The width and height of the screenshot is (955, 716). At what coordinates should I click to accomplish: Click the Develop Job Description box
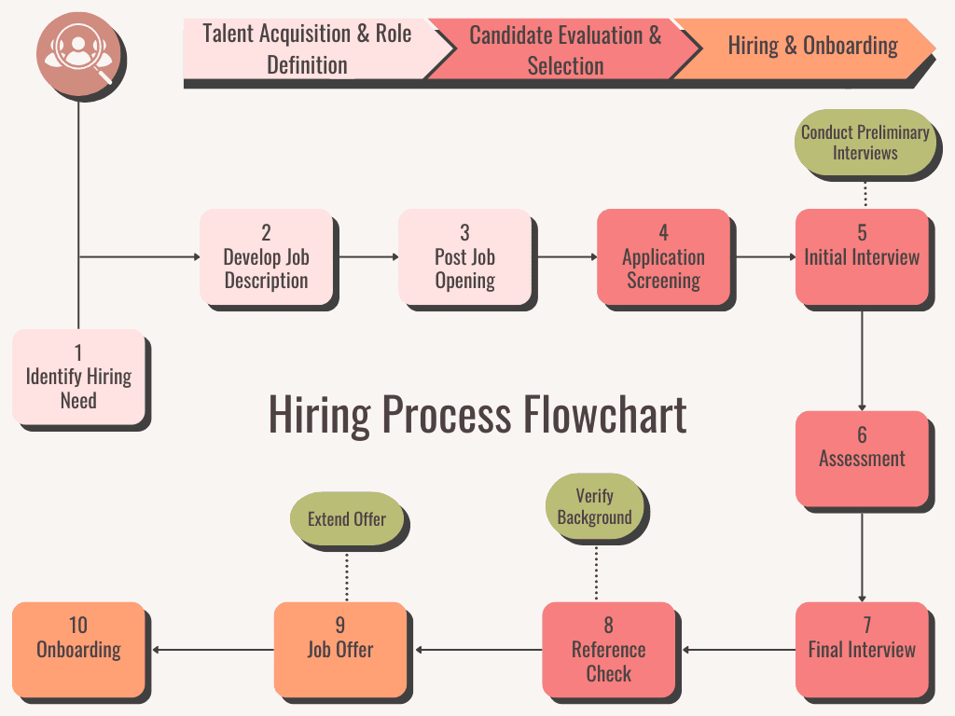[x=266, y=256]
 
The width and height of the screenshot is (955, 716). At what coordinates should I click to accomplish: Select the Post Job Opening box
[x=464, y=256]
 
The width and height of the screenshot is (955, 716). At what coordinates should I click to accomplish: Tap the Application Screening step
[x=663, y=256]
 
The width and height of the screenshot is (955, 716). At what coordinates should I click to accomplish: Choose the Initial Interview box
[x=862, y=256]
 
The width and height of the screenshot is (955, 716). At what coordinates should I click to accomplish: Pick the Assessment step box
[x=862, y=458]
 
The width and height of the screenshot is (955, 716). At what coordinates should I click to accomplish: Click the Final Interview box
[x=862, y=649]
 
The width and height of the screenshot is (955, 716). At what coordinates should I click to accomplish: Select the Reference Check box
[x=608, y=649]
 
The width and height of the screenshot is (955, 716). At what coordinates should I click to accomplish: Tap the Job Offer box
[x=339, y=649]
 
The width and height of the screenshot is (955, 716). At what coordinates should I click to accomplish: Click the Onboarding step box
[x=78, y=649]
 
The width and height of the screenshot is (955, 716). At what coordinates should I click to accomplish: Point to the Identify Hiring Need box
[x=78, y=376]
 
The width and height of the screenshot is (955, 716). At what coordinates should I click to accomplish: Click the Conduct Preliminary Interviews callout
[x=865, y=143]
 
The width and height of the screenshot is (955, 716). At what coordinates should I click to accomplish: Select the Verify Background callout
[x=594, y=506]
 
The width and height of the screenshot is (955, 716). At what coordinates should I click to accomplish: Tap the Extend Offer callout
[x=346, y=518]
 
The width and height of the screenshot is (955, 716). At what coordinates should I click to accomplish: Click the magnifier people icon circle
[x=78, y=55]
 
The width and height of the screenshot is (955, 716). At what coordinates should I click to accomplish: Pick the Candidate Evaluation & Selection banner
[x=564, y=49]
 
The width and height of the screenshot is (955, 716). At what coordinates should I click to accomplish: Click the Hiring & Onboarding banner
[x=811, y=46]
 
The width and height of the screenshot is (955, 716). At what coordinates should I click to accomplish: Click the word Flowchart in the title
[x=604, y=415]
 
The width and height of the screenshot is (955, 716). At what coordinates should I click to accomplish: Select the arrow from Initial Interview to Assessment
[x=862, y=359]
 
